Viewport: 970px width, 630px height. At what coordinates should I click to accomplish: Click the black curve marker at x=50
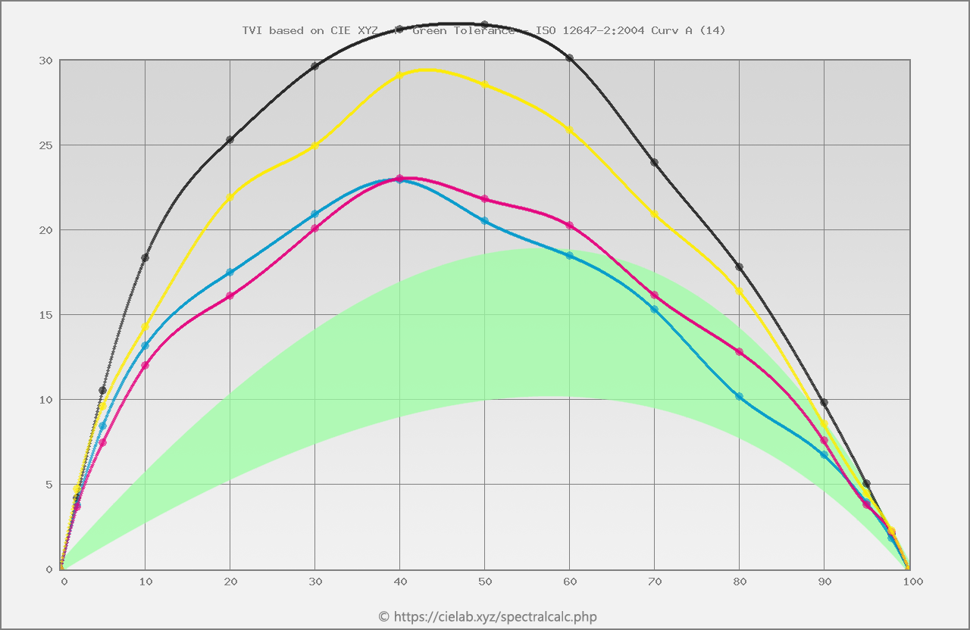click(485, 25)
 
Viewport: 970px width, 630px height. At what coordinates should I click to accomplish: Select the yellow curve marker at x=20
click(230, 197)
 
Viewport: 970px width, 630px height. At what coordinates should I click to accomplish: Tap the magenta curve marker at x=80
click(740, 352)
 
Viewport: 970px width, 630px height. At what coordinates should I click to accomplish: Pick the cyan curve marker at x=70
click(655, 309)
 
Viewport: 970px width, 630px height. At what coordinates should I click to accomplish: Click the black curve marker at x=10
click(145, 258)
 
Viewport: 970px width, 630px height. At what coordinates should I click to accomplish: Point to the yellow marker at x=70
click(655, 214)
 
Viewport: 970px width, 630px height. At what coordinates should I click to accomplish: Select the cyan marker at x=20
click(230, 273)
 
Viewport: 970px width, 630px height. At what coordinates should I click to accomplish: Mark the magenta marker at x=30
click(315, 228)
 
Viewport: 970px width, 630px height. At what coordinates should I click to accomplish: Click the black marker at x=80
click(740, 267)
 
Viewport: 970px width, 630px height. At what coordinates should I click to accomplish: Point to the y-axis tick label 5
click(49, 485)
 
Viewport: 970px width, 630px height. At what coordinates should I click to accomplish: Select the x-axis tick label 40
click(401, 582)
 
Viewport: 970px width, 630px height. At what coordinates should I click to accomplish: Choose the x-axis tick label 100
click(912, 582)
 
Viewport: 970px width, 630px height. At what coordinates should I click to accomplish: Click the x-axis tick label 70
click(656, 582)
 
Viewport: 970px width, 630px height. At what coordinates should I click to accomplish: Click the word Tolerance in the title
click(483, 31)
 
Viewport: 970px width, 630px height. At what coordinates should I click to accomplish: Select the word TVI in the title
click(252, 31)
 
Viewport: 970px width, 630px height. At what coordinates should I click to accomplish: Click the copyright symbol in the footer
click(383, 616)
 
